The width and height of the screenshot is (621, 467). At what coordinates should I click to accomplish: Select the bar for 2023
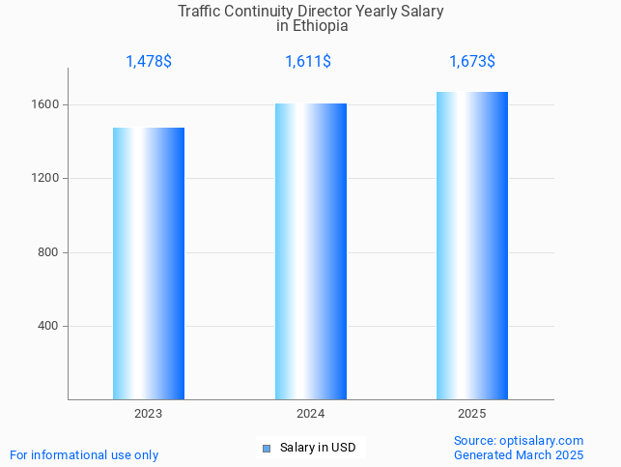tap(149, 263)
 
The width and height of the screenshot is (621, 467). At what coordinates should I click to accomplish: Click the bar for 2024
tap(310, 251)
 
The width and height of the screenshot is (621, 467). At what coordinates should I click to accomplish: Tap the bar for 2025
tap(472, 246)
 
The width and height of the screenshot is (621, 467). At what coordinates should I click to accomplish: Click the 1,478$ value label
tap(149, 62)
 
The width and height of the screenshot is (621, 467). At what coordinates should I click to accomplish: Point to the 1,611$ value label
tap(308, 62)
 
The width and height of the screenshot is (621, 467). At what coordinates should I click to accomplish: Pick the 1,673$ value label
tap(472, 62)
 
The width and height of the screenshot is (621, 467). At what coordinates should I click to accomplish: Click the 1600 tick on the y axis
tap(47, 104)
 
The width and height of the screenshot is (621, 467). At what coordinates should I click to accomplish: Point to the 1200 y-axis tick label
tap(47, 179)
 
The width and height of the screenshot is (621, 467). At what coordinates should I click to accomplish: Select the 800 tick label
tap(50, 252)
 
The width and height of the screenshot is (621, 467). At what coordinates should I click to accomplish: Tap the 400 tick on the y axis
tap(50, 326)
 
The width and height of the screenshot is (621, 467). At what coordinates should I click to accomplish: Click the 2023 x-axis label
tap(149, 414)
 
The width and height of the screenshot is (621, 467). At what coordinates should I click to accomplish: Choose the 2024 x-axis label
tap(310, 414)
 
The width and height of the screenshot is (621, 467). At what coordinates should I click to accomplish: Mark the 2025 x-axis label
tap(472, 414)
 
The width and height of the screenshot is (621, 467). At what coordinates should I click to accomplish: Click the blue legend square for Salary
tap(267, 448)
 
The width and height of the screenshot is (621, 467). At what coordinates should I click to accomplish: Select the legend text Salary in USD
tap(318, 448)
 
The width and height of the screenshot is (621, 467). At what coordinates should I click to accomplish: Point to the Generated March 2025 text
tap(519, 455)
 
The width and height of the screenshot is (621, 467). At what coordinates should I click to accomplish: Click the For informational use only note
tap(84, 455)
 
